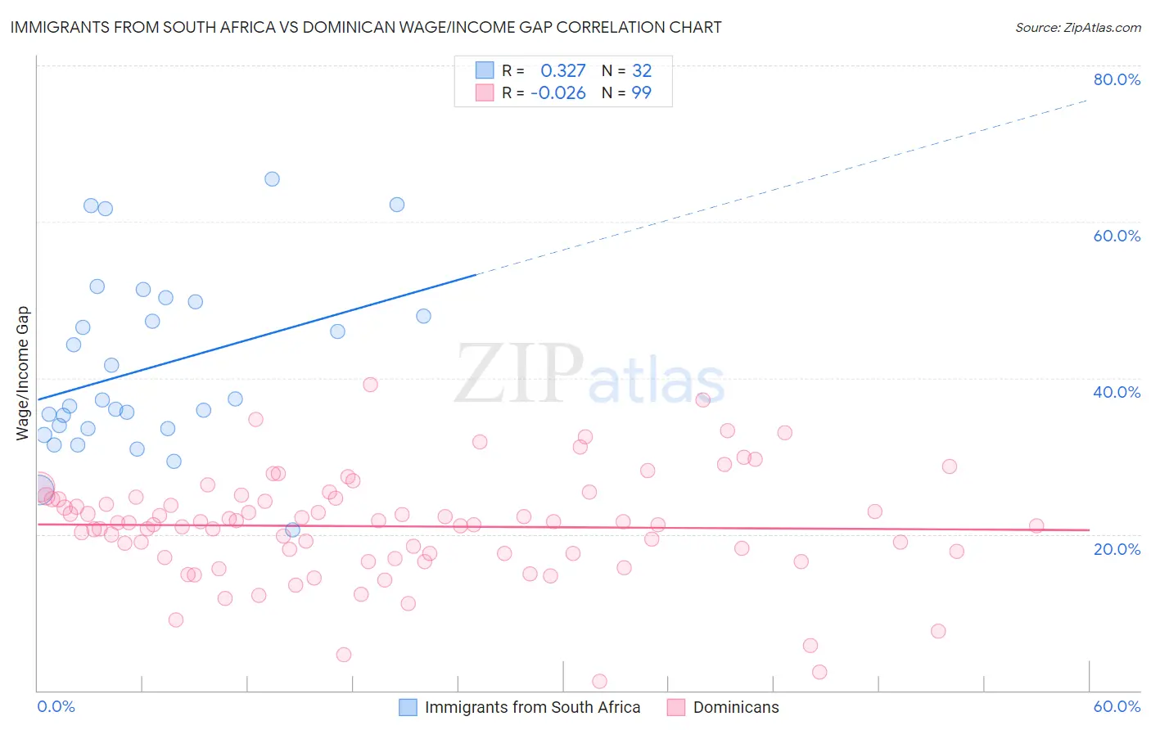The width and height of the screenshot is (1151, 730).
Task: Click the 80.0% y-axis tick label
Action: (1116, 79)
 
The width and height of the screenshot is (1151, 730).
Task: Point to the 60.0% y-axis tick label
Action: (1116, 236)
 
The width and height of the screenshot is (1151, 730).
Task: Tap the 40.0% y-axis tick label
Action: (1116, 392)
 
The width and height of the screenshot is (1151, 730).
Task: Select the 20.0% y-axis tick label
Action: (1116, 548)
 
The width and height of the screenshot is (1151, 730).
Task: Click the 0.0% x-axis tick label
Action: (56, 706)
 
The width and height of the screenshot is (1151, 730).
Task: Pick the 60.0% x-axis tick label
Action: (1116, 706)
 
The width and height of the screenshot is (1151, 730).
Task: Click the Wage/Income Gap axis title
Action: (23, 373)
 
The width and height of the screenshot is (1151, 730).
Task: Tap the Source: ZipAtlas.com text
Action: (1077, 28)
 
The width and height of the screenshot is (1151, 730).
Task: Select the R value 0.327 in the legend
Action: (562, 71)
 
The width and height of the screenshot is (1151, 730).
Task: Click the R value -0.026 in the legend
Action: (558, 93)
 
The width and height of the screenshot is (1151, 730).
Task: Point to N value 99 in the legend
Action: (641, 93)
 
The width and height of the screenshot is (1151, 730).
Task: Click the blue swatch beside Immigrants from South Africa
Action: (408, 707)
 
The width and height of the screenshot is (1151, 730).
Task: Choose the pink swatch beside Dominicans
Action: (676, 707)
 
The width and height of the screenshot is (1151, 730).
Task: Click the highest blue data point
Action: (272, 179)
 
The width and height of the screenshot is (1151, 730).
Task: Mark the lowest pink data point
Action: (599, 682)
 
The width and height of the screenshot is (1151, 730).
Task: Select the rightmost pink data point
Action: (1036, 526)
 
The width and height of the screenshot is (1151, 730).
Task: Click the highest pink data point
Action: (370, 385)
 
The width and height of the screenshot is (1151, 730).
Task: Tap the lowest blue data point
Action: (292, 530)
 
